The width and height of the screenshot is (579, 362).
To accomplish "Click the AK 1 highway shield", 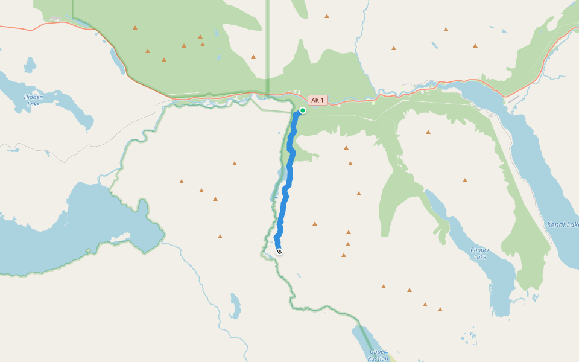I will (x=317, y=100).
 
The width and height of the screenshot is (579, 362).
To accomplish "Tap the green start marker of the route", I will (x=302, y=110).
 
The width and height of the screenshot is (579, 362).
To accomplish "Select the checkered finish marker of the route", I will (x=279, y=252).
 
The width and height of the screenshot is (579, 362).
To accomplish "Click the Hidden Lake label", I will (x=33, y=100).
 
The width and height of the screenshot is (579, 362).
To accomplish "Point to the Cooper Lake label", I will (x=479, y=253).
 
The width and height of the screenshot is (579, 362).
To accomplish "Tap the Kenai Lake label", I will (x=562, y=224).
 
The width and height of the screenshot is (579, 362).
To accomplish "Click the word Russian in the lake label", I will (x=378, y=358).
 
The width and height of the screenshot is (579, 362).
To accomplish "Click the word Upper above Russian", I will (x=378, y=351).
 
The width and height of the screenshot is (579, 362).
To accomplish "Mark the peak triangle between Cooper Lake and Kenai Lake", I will (x=465, y=180).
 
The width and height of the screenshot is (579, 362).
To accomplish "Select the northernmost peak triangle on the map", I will (x=327, y=16).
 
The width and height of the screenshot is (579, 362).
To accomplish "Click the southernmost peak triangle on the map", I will (x=440, y=309).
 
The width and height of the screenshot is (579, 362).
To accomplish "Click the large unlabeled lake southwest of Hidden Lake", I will (x=66, y=229).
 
